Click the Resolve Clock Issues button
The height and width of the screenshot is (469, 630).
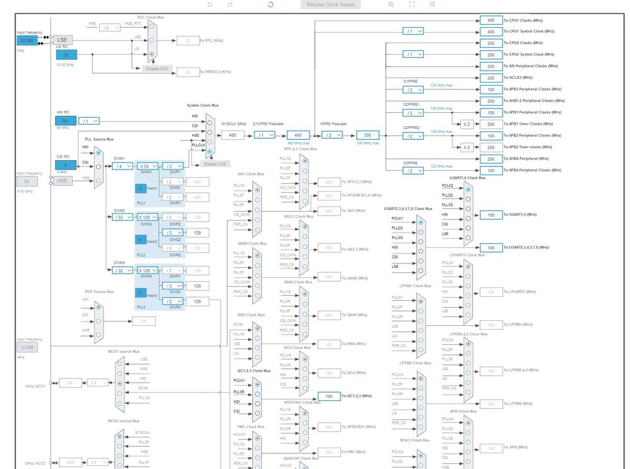331,4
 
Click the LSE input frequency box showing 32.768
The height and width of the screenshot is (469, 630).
28,40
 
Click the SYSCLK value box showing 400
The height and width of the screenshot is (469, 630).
232,135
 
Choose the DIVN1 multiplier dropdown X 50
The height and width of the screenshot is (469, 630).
148,166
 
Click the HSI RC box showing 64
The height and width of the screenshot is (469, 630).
66,120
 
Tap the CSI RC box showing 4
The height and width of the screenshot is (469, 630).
66,165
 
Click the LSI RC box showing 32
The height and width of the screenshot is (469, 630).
66,55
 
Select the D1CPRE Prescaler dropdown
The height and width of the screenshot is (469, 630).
263,135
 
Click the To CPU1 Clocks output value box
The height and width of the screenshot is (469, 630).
490,20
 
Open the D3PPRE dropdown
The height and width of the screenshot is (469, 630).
412,170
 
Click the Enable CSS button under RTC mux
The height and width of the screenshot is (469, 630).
156,69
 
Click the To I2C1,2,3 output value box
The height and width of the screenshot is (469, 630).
329,396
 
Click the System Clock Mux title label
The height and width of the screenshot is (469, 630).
202,105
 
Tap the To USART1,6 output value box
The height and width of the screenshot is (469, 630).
490,215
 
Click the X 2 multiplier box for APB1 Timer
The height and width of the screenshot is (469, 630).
466,124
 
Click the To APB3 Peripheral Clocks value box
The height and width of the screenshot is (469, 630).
490,90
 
